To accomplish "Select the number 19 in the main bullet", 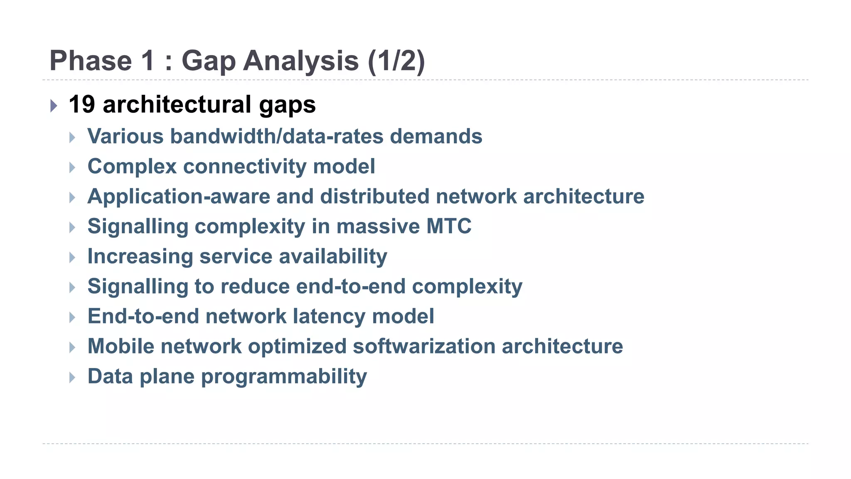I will coord(82,104).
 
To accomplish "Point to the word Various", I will coord(125,136).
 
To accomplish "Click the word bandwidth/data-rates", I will coord(277,136).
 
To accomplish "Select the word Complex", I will coord(132,166).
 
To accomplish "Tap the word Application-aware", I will coord(179,196).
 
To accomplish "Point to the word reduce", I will coord(255,286).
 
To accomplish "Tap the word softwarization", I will coord(424,346).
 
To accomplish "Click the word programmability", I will coord(284,377).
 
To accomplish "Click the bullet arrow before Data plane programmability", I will coord(72,377).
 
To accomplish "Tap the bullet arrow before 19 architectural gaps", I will coord(54,106).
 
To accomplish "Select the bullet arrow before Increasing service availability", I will coord(72,257).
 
